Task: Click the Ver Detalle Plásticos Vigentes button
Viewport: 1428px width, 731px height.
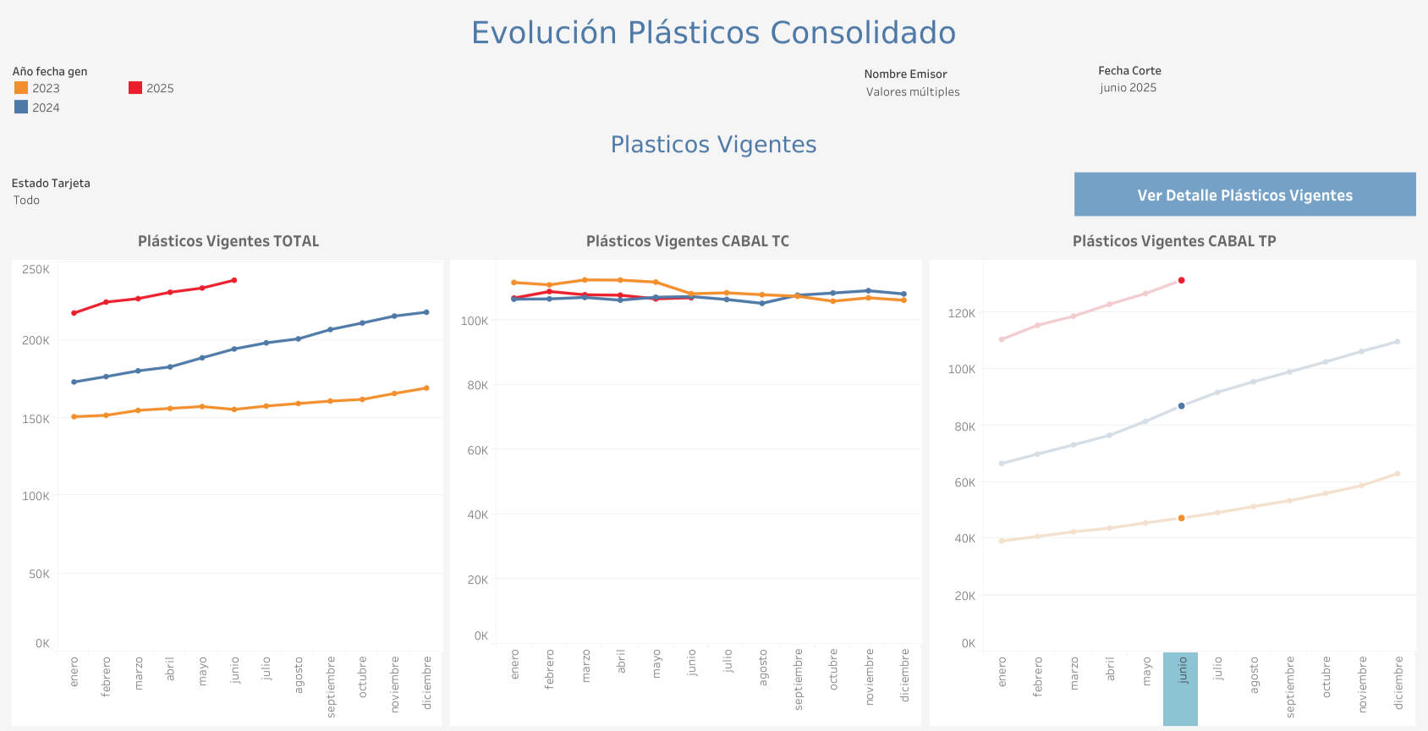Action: coord(1244,195)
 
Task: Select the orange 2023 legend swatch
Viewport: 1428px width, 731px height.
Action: coord(21,88)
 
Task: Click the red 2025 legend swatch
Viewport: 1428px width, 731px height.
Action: coord(135,88)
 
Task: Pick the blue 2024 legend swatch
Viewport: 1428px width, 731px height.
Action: coord(21,107)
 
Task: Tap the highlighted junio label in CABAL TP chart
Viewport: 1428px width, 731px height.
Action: coord(1181,670)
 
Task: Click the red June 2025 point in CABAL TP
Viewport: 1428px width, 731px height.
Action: coord(1182,280)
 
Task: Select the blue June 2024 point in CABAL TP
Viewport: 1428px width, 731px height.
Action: coord(1182,406)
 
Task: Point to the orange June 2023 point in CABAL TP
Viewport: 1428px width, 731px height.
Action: coord(1182,518)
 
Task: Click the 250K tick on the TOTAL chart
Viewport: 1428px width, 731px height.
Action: coord(36,269)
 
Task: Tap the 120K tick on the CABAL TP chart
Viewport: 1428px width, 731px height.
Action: coord(962,313)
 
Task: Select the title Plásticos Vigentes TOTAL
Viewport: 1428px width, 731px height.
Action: coord(228,241)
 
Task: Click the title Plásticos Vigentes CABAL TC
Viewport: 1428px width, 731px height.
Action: coord(688,241)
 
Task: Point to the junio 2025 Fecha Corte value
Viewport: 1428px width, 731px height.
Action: coord(1128,88)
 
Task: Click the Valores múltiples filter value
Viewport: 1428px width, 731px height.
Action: coord(913,92)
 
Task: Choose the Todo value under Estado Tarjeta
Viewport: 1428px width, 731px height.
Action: coord(26,201)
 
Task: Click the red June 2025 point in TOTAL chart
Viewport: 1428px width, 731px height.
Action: coord(234,280)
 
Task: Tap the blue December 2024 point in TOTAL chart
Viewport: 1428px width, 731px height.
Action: coord(426,312)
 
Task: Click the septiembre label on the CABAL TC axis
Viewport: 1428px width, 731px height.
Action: coord(799,679)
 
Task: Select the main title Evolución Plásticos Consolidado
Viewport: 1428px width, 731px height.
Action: coord(713,33)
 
